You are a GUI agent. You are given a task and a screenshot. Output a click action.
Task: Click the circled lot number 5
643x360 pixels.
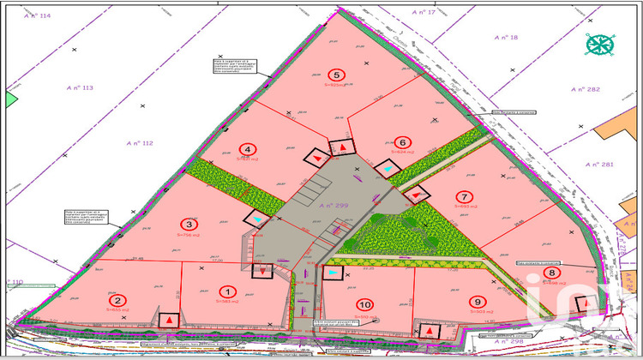click(337, 75)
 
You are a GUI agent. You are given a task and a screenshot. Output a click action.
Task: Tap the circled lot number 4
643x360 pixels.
click(248, 148)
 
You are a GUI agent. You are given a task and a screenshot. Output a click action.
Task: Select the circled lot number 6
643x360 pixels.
click(400, 142)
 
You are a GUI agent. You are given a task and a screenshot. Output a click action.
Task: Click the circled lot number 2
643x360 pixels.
click(118, 300)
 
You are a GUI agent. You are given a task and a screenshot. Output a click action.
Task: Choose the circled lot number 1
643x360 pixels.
click(227, 291)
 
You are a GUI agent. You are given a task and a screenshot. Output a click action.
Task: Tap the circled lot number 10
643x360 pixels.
click(366, 304)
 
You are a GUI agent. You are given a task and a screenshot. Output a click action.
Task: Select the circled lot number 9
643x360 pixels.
click(478, 301)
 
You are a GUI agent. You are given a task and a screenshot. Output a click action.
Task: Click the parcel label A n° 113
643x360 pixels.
click(85, 87)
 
